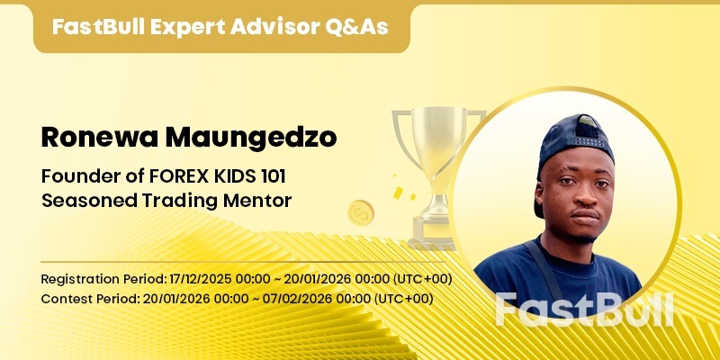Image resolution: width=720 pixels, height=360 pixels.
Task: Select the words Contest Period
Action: coord(82,298)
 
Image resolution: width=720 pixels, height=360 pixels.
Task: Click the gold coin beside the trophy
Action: coord(361,212)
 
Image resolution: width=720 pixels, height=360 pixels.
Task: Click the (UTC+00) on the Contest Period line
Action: coord(403,298)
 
